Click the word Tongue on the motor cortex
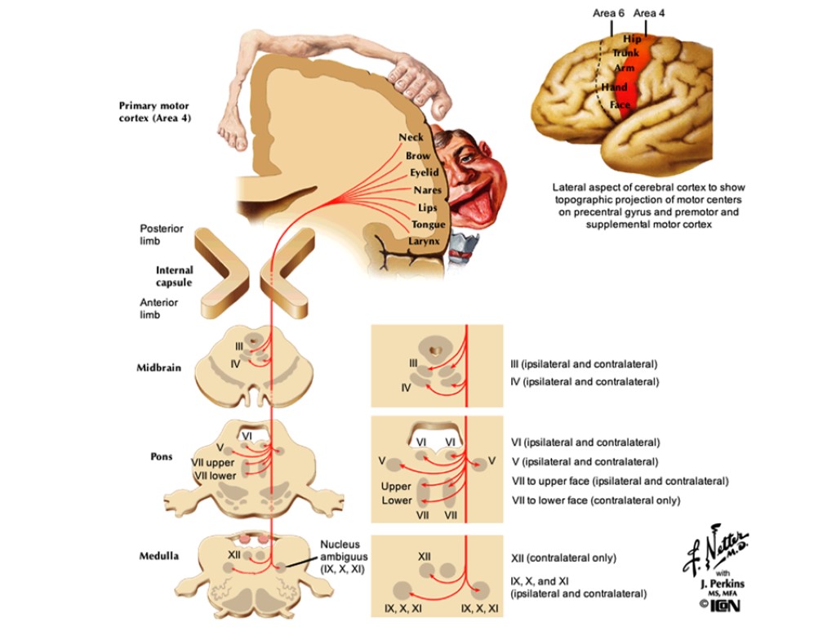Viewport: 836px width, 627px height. click(x=429, y=225)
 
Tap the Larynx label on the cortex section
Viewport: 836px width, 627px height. click(x=425, y=242)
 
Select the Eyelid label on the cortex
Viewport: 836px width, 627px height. click(x=424, y=173)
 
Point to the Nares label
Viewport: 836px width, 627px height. click(x=427, y=190)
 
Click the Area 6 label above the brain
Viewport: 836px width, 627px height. click(x=609, y=13)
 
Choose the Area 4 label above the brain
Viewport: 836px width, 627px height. click(x=650, y=13)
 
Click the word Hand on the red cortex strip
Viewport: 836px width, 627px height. click(x=614, y=87)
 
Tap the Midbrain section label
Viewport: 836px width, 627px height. click(x=156, y=367)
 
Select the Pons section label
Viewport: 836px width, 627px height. click(x=162, y=456)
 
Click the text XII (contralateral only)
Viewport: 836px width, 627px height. click(x=563, y=558)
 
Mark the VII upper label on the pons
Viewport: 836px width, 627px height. click(x=213, y=463)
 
